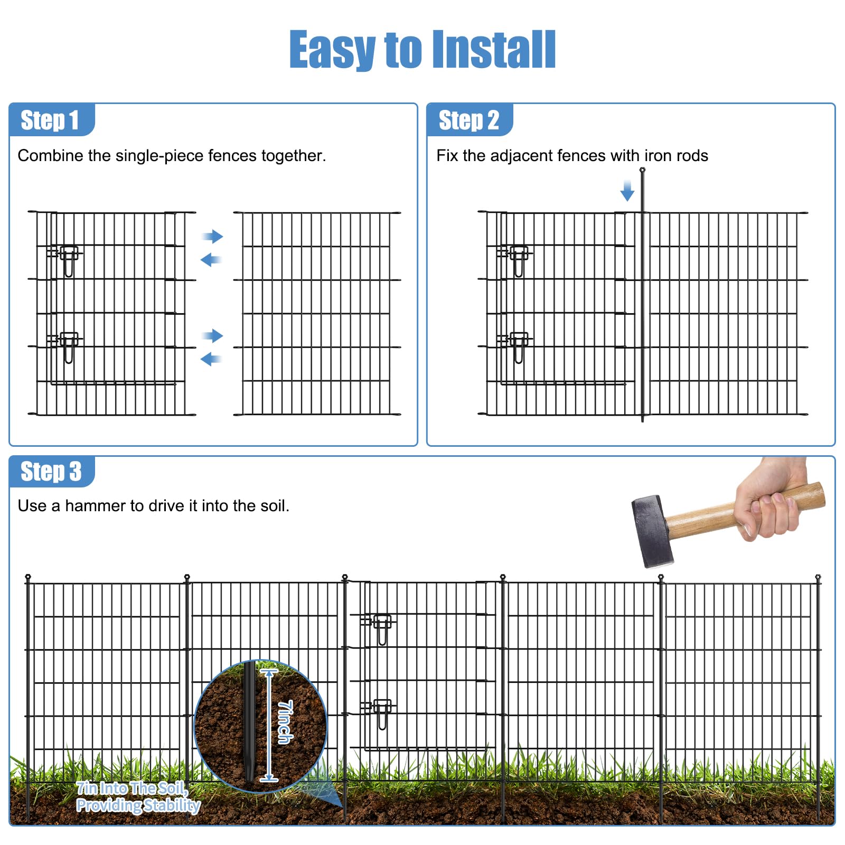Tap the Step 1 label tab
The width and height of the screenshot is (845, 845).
click(x=52, y=120)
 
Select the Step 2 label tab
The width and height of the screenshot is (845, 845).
click(x=470, y=120)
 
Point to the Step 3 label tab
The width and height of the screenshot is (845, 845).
click(x=52, y=471)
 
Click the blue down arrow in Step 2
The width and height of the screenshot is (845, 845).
click(x=627, y=191)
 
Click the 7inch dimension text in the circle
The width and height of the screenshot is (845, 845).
click(x=285, y=722)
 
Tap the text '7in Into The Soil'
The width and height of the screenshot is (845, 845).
click(x=132, y=788)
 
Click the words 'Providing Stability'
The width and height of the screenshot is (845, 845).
click(x=138, y=805)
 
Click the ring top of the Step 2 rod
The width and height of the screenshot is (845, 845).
click(x=642, y=170)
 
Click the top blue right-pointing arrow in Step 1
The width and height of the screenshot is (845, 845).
click(x=213, y=236)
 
